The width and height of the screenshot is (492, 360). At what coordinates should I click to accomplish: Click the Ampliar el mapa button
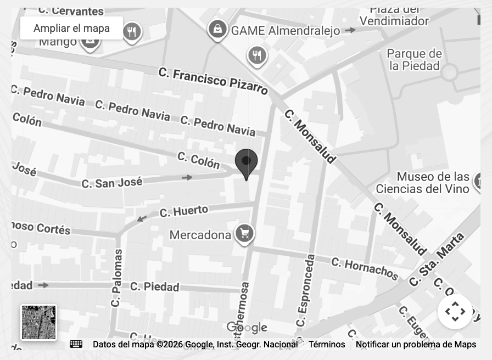[71, 28]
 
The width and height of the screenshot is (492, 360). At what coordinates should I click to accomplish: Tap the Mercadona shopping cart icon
[244, 233]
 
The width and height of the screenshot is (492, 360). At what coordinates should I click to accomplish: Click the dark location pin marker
[247, 162]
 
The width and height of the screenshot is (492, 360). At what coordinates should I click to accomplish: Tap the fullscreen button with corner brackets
[455, 312]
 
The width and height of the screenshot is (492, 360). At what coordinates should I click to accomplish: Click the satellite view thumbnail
[38, 322]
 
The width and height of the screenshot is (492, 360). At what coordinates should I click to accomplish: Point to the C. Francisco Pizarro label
[213, 81]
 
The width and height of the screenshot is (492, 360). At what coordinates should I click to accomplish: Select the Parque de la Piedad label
[415, 60]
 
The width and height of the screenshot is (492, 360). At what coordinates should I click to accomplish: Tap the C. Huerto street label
[184, 211]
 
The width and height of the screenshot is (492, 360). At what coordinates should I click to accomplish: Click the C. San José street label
[112, 182]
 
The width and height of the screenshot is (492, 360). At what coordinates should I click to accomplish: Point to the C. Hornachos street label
[365, 268]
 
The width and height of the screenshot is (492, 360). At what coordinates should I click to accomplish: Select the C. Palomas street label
[116, 278]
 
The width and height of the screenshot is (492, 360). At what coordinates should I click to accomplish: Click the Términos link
[327, 345]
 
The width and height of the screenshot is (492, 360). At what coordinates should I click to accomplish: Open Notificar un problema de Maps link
[416, 345]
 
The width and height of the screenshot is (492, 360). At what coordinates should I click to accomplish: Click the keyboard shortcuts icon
[76, 344]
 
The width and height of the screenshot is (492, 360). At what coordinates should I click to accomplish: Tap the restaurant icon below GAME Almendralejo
[256, 55]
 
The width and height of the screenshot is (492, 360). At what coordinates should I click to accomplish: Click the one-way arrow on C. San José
[187, 177]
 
